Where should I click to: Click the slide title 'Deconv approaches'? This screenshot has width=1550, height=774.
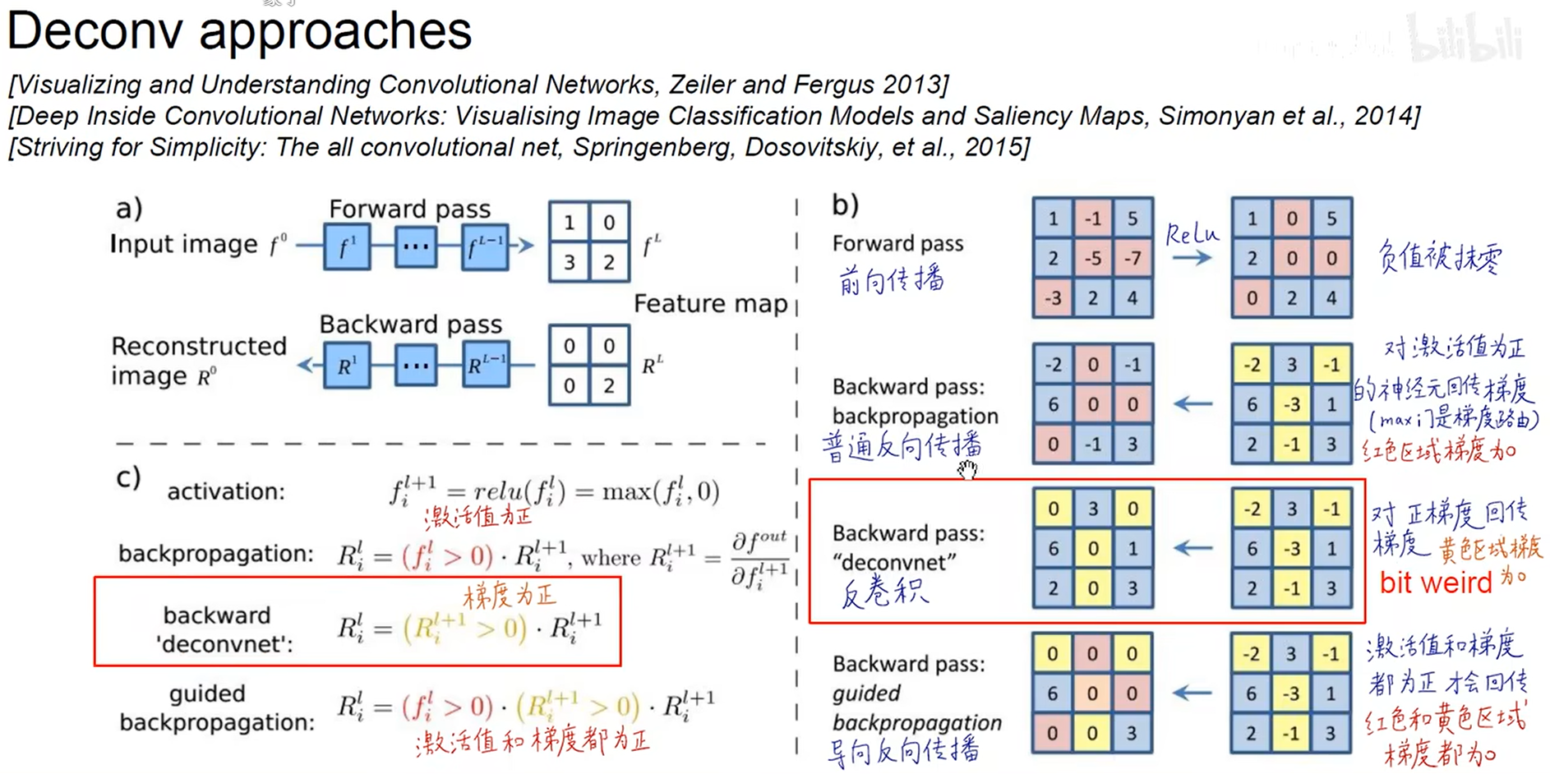click(239, 31)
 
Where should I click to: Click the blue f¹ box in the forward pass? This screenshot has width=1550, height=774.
click(346, 246)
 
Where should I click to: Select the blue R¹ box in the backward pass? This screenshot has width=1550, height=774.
click(346, 366)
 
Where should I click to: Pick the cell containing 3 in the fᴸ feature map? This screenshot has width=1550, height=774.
click(569, 262)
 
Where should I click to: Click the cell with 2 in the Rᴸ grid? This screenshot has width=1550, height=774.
click(609, 385)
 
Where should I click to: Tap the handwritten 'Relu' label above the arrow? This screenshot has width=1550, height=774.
click(1192, 235)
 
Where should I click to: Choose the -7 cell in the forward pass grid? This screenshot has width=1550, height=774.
click(1133, 259)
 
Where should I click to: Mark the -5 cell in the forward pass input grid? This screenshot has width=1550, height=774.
click(1093, 259)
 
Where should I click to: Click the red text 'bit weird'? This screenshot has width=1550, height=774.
click(1435, 583)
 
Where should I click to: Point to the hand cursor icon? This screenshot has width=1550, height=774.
click(967, 469)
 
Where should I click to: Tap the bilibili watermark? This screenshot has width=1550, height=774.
click(1465, 39)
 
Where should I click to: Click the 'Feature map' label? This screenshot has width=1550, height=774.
click(710, 304)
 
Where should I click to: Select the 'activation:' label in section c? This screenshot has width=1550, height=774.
click(226, 491)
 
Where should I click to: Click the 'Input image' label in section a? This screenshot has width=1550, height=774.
click(184, 244)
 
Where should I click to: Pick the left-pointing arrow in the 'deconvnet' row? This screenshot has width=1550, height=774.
click(1192, 548)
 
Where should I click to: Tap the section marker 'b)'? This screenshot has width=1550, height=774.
click(845, 205)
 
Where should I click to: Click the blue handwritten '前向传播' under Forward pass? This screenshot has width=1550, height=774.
click(891, 280)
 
